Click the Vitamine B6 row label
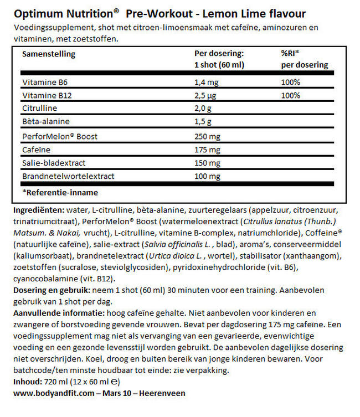tap(42, 83)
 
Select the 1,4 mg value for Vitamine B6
tap(206, 83)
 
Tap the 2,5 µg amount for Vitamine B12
tap(205, 95)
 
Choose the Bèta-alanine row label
tap(42, 120)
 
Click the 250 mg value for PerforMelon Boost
tap(207, 134)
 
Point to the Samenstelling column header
tap(49, 54)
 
